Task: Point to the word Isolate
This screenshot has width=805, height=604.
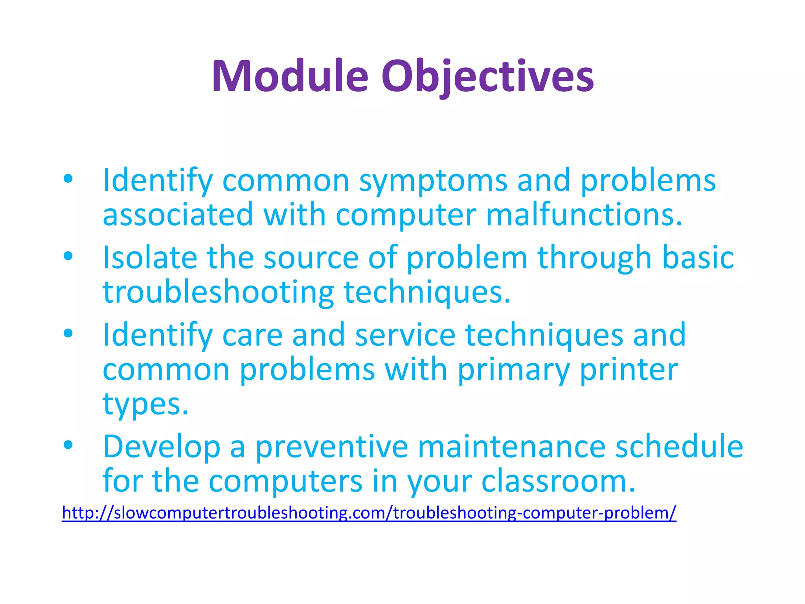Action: [x=150, y=258]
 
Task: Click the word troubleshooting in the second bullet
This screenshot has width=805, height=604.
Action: [x=218, y=293]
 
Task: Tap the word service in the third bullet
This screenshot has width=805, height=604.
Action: [x=405, y=335]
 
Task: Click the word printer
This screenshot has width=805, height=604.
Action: [x=629, y=370]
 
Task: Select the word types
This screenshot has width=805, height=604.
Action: [x=145, y=405]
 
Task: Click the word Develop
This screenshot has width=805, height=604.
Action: [x=162, y=447]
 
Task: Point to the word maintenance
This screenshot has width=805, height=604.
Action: [x=511, y=447]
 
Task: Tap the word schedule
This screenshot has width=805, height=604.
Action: [x=679, y=447]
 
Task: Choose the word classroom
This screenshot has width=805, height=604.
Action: [x=558, y=482]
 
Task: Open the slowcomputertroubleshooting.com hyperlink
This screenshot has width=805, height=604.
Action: [x=369, y=513]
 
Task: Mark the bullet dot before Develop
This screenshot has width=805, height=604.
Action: [x=68, y=445]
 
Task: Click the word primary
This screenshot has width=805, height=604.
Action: [x=513, y=371]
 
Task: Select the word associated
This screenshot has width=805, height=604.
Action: [x=178, y=215]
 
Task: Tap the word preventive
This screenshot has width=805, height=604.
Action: [x=332, y=447]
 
